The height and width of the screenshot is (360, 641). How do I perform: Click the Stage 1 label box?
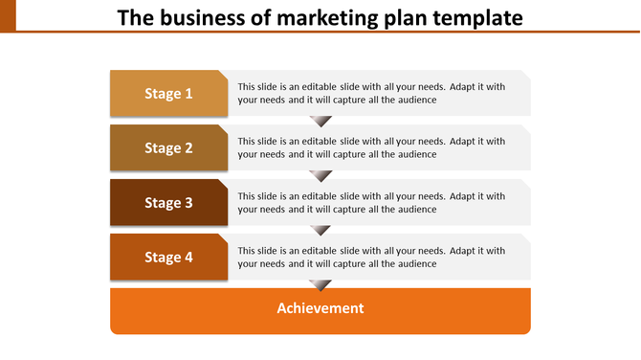click(168, 94)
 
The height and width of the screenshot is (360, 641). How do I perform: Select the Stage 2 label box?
click(168, 148)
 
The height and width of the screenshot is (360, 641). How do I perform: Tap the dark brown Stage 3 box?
click(168, 203)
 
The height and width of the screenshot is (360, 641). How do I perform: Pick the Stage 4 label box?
click(168, 258)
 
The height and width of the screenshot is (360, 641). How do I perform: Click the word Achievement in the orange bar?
click(320, 308)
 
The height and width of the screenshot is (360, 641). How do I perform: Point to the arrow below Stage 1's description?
click(321, 122)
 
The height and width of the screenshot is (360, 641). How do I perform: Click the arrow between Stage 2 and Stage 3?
click(321, 176)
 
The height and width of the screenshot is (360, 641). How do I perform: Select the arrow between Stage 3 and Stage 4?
click(321, 231)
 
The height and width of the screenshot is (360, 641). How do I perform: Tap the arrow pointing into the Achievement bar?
click(321, 285)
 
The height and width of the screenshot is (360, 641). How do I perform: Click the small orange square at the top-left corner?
click(8, 14)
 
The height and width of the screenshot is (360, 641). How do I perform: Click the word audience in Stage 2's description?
click(416, 154)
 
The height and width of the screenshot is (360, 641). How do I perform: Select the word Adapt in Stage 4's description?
click(464, 251)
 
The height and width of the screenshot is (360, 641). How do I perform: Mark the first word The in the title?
click(135, 17)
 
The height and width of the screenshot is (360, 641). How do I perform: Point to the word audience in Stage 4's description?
click(416, 263)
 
